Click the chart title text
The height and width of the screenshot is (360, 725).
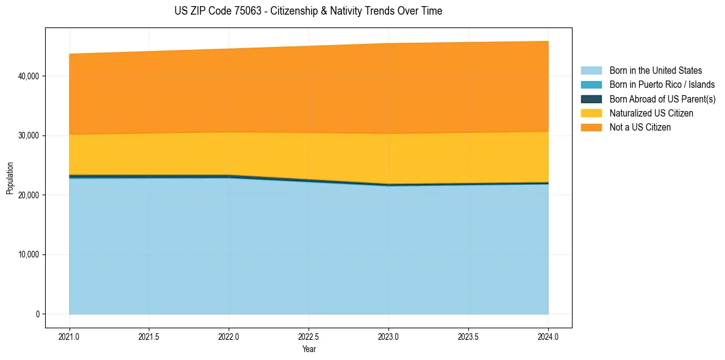[309, 11]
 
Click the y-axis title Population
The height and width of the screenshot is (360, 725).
[10, 178]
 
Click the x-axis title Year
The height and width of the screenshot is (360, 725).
[309, 349]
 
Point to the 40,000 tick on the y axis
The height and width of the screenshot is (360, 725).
[29, 76]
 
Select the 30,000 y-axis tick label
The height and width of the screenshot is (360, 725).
[29, 135]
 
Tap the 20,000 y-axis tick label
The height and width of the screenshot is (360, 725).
[29, 195]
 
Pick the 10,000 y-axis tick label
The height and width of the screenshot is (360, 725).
[29, 254]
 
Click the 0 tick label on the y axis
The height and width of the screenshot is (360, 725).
[37, 314]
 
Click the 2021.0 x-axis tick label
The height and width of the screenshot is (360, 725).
[70, 336]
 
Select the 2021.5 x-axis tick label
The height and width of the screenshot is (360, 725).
[149, 336]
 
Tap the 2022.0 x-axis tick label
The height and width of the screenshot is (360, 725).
[229, 336]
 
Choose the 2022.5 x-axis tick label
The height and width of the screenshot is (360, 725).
[309, 336]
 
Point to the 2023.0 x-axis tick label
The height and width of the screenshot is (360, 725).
[388, 336]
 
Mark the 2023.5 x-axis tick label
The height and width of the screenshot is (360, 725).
[468, 336]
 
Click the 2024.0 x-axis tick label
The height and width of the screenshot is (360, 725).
[548, 336]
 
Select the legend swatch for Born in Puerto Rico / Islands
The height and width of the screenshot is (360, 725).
[591, 85]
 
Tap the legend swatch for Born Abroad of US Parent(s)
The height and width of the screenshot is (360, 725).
[591, 99]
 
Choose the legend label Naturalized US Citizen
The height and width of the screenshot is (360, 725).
[651, 113]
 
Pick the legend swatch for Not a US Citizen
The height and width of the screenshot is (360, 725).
[591, 128]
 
